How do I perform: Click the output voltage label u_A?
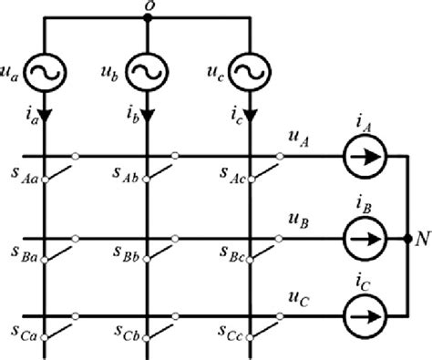(x=295, y=138)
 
